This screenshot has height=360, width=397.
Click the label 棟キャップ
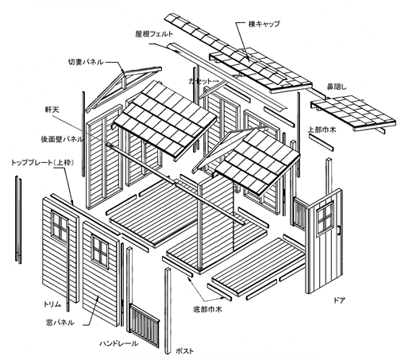tap(264, 24)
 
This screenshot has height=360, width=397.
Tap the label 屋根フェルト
tap(154, 34)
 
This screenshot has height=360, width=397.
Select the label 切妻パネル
tap(86, 62)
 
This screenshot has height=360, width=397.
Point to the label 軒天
tap(52, 110)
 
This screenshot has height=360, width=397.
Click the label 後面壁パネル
tap(62, 139)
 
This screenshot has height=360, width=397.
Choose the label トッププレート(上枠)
tap(42, 163)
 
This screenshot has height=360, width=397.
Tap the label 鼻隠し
tap(337, 87)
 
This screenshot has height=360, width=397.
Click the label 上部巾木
tap(322, 130)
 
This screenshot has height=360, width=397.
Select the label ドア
tap(339, 300)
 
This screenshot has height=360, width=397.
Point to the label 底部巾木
tap(207, 309)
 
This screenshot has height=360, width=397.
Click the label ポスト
tap(185, 351)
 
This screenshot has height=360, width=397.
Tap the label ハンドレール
tap(118, 343)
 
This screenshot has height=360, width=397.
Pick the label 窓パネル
tap(60, 323)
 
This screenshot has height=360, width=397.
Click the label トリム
tap(52, 304)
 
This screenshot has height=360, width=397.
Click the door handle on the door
tap(338, 230)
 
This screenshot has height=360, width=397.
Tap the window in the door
tap(325, 218)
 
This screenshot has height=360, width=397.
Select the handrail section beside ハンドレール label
tap(144, 325)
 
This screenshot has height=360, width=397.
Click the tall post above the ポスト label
tap(168, 311)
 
